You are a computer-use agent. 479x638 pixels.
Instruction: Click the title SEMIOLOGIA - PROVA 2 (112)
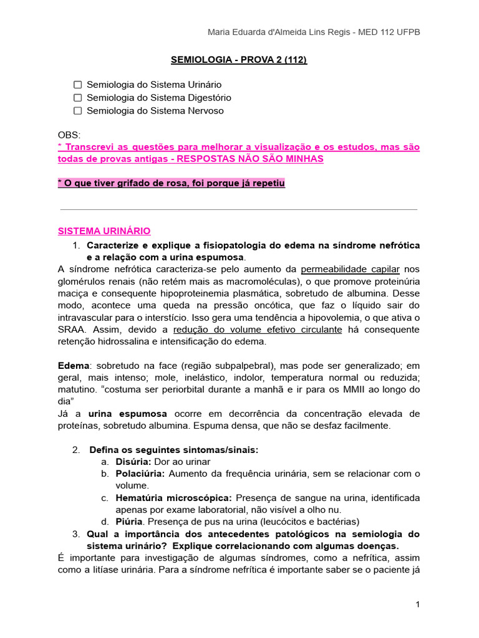click(x=239, y=60)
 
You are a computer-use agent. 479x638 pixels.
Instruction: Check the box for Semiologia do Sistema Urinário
click(x=78, y=84)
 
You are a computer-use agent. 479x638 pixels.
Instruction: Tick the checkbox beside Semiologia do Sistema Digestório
click(x=78, y=97)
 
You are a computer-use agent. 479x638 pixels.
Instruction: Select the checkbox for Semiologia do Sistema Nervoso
click(x=78, y=111)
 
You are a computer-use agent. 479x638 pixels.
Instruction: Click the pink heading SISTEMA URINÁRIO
click(x=104, y=231)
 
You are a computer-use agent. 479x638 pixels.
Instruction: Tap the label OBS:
click(x=69, y=135)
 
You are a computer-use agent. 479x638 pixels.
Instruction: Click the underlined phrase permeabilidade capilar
click(x=350, y=269)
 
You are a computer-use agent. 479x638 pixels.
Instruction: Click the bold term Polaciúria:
click(x=140, y=474)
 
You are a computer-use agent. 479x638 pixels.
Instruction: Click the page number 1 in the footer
click(x=417, y=605)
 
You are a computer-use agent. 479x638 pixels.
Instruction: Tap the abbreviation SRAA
click(x=70, y=330)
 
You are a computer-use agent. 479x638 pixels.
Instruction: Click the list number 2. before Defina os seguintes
click(x=76, y=450)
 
